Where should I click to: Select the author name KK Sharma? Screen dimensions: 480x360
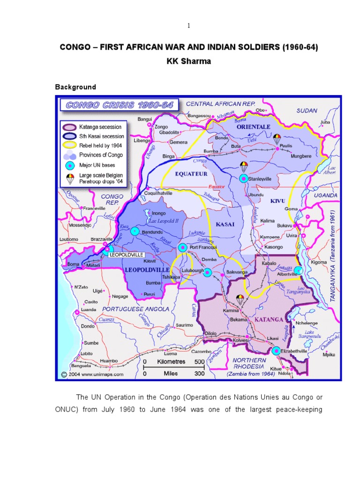pyautogui.click(x=180, y=61)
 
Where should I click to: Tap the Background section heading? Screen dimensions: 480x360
pyautogui.click(x=75, y=87)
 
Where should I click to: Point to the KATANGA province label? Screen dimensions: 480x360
pyautogui.click(x=269, y=320)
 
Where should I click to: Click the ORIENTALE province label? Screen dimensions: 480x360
pyautogui.click(x=254, y=127)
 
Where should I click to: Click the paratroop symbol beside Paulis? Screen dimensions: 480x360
pyautogui.click(x=277, y=137)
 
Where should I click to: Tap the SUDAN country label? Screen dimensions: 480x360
pyautogui.click(x=307, y=111)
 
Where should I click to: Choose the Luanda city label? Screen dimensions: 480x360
pyautogui.click(x=89, y=310)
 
